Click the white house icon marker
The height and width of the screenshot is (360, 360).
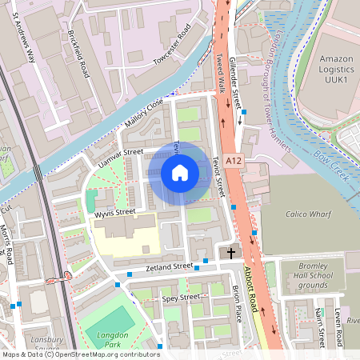click(180, 172)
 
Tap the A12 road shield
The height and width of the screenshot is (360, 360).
click(233, 161)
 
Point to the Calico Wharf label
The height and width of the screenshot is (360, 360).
click(309, 214)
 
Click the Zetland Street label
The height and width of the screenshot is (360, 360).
click(169, 266)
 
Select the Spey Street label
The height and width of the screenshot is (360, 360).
click(180, 298)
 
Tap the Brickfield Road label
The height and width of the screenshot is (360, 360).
click(79, 54)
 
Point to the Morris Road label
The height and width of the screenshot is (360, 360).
click(7, 245)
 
